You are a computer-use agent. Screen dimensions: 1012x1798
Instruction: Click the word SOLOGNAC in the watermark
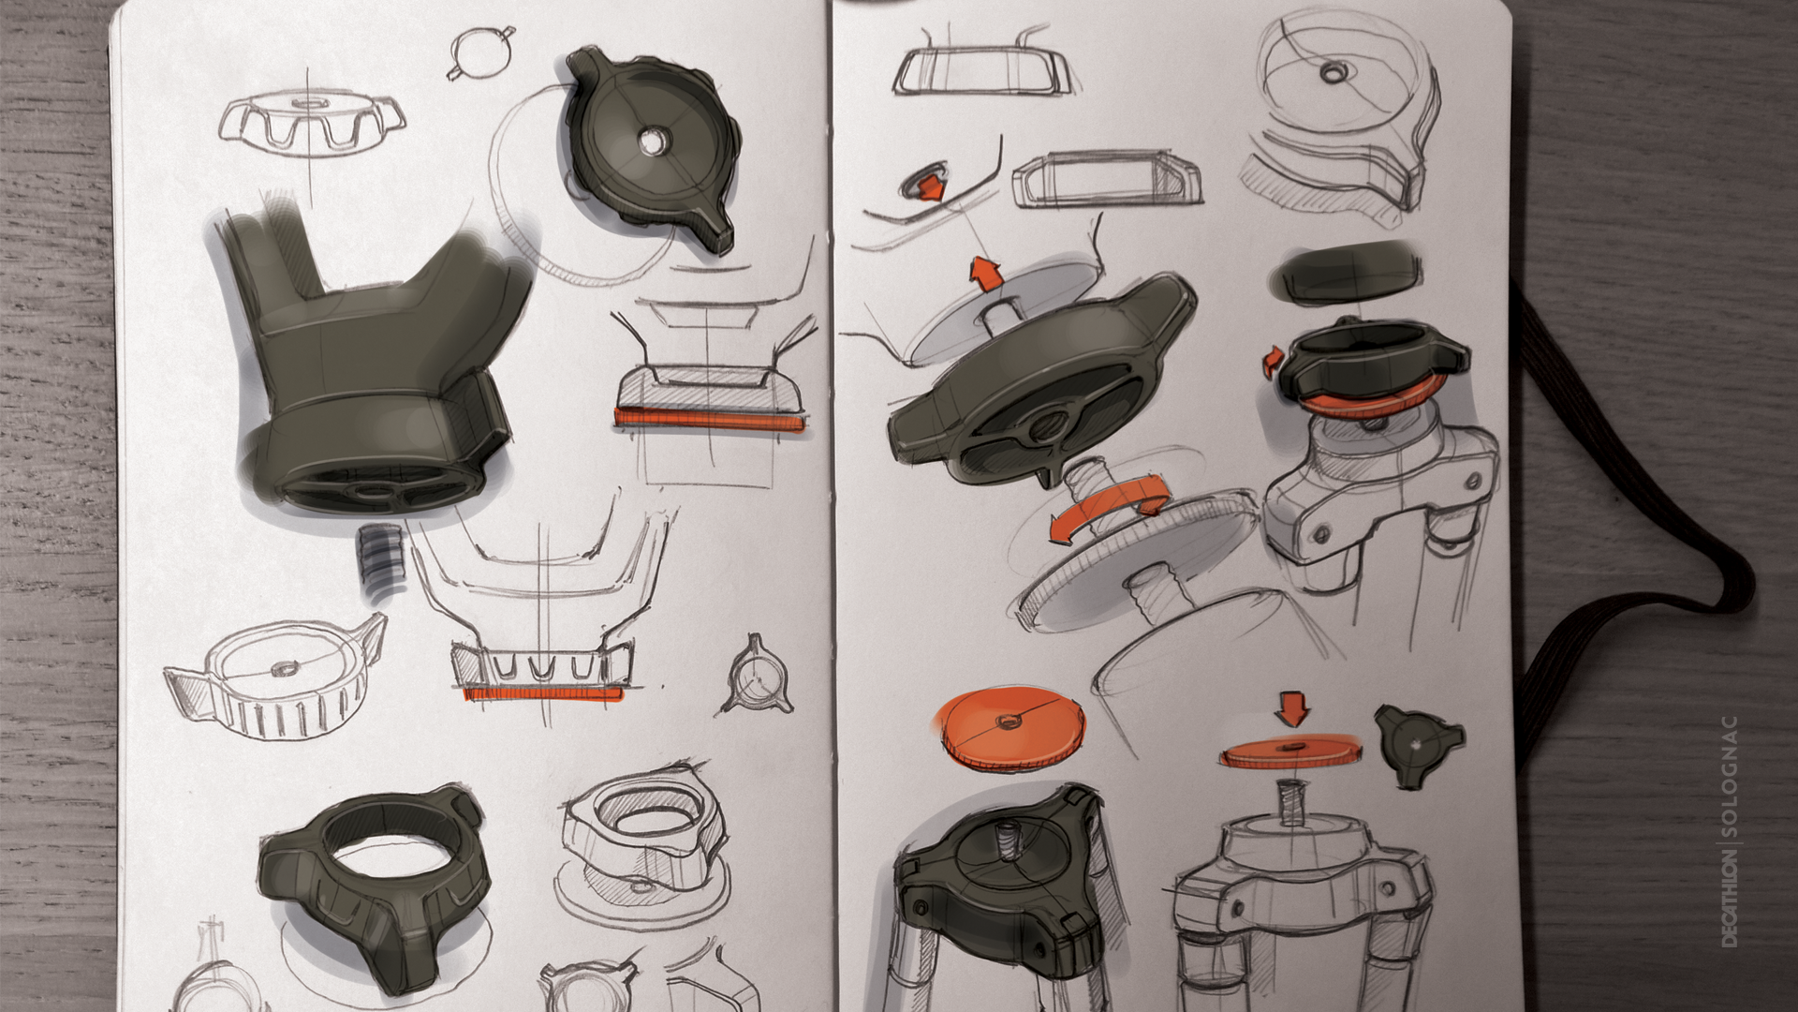pyautogui.click(x=1729, y=777)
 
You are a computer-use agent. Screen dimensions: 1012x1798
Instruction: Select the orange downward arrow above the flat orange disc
pyautogui.click(x=1292, y=707)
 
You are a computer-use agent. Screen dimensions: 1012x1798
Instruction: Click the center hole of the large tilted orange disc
pyautogui.click(x=1009, y=720)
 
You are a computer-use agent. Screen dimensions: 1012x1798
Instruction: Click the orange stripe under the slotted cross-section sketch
pyautogui.click(x=542, y=693)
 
